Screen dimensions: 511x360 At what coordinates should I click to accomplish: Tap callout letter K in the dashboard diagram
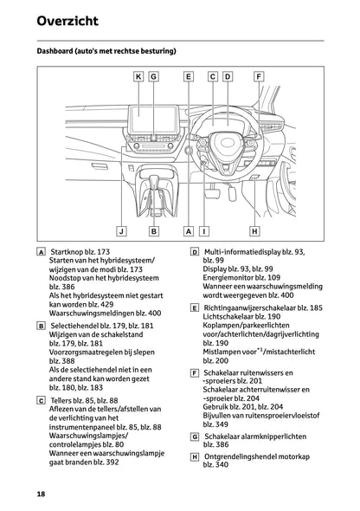(138, 76)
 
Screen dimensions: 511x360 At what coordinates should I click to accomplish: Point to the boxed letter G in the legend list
(195, 436)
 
